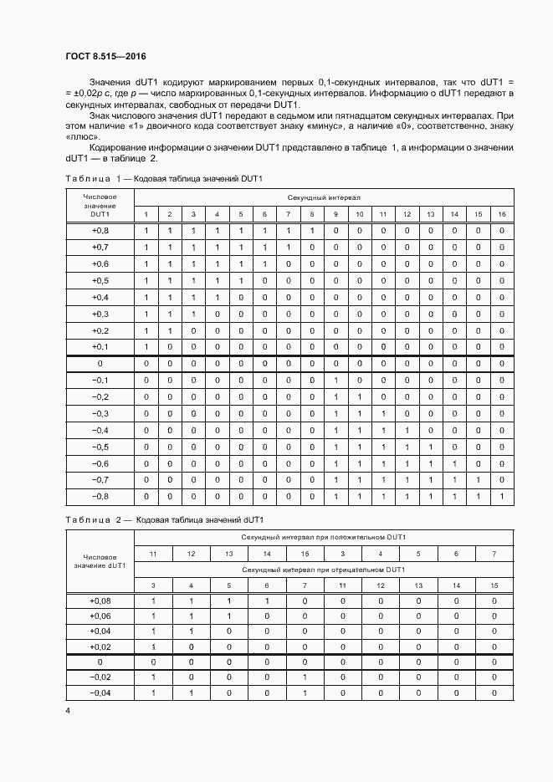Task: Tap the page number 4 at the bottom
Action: click(68, 710)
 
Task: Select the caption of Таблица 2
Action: click(165, 520)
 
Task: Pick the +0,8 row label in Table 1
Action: click(100, 230)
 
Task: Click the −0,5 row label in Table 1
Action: click(100, 447)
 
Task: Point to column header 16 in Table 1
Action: click(501, 214)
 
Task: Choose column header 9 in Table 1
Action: click(335, 214)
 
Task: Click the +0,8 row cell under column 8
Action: click(312, 230)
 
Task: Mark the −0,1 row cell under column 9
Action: click(335, 380)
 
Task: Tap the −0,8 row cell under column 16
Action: click(501, 497)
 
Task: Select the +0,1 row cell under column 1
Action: click(146, 346)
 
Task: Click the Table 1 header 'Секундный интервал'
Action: click(324, 197)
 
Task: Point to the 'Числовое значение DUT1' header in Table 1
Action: click(100, 206)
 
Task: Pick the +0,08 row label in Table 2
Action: click(100, 601)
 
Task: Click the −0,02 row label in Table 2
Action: click(100, 677)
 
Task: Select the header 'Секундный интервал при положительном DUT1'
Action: click(323, 537)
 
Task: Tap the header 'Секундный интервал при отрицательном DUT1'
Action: click(323, 569)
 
